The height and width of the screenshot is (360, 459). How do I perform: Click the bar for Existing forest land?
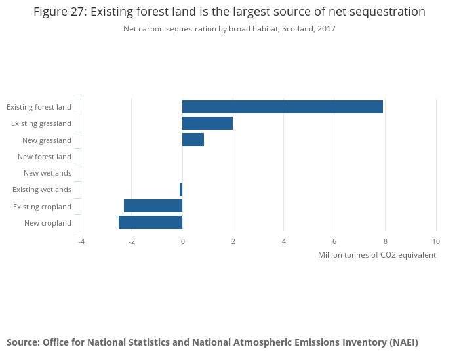click(x=282, y=107)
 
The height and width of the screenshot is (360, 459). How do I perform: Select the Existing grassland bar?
click(x=207, y=123)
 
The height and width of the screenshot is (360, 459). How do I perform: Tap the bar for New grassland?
click(x=193, y=140)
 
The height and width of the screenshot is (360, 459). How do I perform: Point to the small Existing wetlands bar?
click(x=181, y=190)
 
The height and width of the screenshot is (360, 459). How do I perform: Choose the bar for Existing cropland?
click(x=153, y=206)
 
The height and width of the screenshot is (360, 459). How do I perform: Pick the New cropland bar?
click(x=150, y=222)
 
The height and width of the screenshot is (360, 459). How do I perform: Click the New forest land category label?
click(x=45, y=157)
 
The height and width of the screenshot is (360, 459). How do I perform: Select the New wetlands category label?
click(x=47, y=173)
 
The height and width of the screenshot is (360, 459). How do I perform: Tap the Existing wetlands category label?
click(x=42, y=190)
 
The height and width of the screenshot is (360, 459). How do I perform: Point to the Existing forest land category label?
click(x=39, y=107)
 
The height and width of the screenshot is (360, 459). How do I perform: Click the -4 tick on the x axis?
click(x=81, y=241)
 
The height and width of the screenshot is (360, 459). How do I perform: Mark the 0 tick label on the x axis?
click(x=182, y=241)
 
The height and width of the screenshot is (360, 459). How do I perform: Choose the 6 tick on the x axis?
click(x=334, y=241)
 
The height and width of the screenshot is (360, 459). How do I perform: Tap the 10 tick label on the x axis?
click(x=436, y=241)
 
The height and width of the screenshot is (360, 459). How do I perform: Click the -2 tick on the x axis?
click(x=132, y=241)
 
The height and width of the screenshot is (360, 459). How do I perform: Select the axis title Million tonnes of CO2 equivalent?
click(x=376, y=255)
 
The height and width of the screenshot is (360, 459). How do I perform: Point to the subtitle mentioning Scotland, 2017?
click(x=229, y=29)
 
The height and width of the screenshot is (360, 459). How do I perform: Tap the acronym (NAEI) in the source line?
click(x=403, y=342)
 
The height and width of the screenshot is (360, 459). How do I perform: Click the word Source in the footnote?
click(x=22, y=342)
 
